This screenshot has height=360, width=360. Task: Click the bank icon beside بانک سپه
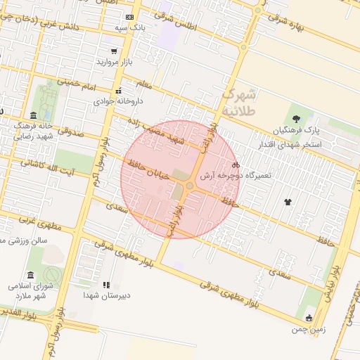(x=129, y=17)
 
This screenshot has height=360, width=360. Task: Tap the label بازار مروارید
(x=114, y=63)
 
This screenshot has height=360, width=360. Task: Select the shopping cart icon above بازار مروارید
(x=114, y=51)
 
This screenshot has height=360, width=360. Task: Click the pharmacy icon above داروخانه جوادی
(x=119, y=90)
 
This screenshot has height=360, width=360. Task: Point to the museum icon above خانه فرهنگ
(x=33, y=115)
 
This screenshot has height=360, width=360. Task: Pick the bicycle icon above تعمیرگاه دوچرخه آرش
(x=236, y=165)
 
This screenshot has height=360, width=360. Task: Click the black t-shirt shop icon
(x=287, y=202)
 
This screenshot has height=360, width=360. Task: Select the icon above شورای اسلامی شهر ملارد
(x=30, y=275)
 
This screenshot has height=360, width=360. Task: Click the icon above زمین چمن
(x=308, y=318)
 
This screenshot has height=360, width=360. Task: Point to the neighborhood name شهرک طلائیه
(x=240, y=102)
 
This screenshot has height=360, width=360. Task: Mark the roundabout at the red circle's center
(x=190, y=186)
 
